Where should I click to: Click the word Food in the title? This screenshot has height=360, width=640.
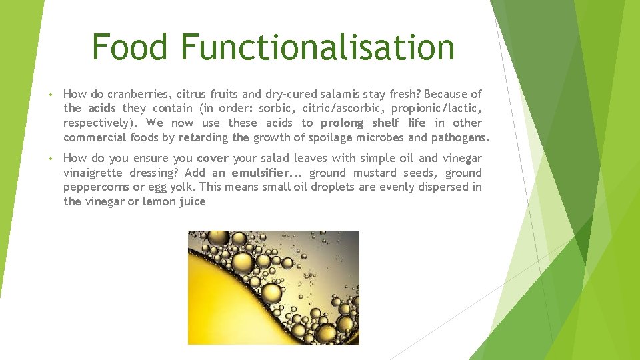point(131,47)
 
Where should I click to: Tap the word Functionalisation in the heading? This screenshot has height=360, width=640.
point(317,47)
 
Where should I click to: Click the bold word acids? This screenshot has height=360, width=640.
point(102,108)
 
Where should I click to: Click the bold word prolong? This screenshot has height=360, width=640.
point(342,123)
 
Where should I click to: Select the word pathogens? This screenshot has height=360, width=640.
point(460,137)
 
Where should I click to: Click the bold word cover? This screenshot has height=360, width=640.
point(213,158)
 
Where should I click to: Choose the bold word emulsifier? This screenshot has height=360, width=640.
point(261,173)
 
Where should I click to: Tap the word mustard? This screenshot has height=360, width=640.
point(375,173)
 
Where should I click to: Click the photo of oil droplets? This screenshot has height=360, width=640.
point(273,287)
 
